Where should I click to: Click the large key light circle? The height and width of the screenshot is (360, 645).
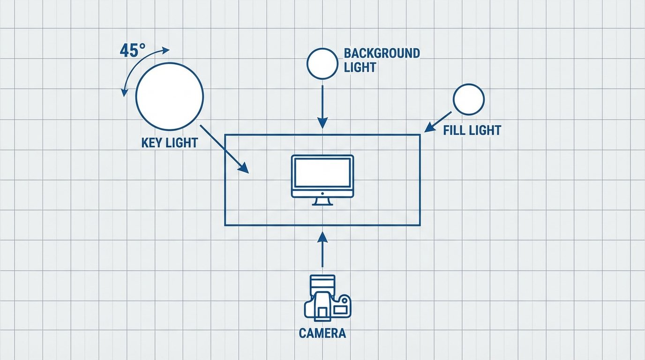coord(170,97)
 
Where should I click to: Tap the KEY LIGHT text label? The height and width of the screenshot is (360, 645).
coord(169,143)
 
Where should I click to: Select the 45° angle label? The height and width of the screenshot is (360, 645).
coord(133,51)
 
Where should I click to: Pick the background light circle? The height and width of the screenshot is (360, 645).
coord(322,64)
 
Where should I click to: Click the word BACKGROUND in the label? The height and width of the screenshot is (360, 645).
coord(382,53)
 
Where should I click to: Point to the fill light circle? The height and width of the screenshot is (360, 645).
coord(468,99)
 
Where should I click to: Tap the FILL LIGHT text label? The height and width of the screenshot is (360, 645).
coord(472,130)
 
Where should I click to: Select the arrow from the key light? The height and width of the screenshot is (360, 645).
coord(224,149)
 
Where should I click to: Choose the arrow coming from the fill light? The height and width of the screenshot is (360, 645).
coord(438,122)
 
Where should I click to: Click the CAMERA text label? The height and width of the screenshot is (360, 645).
coord(322,333)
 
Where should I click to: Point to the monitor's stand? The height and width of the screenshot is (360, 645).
coord(322,201)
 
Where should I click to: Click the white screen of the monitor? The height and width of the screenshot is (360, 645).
coord(322,172)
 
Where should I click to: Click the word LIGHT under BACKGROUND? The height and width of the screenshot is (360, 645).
coord(360,67)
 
